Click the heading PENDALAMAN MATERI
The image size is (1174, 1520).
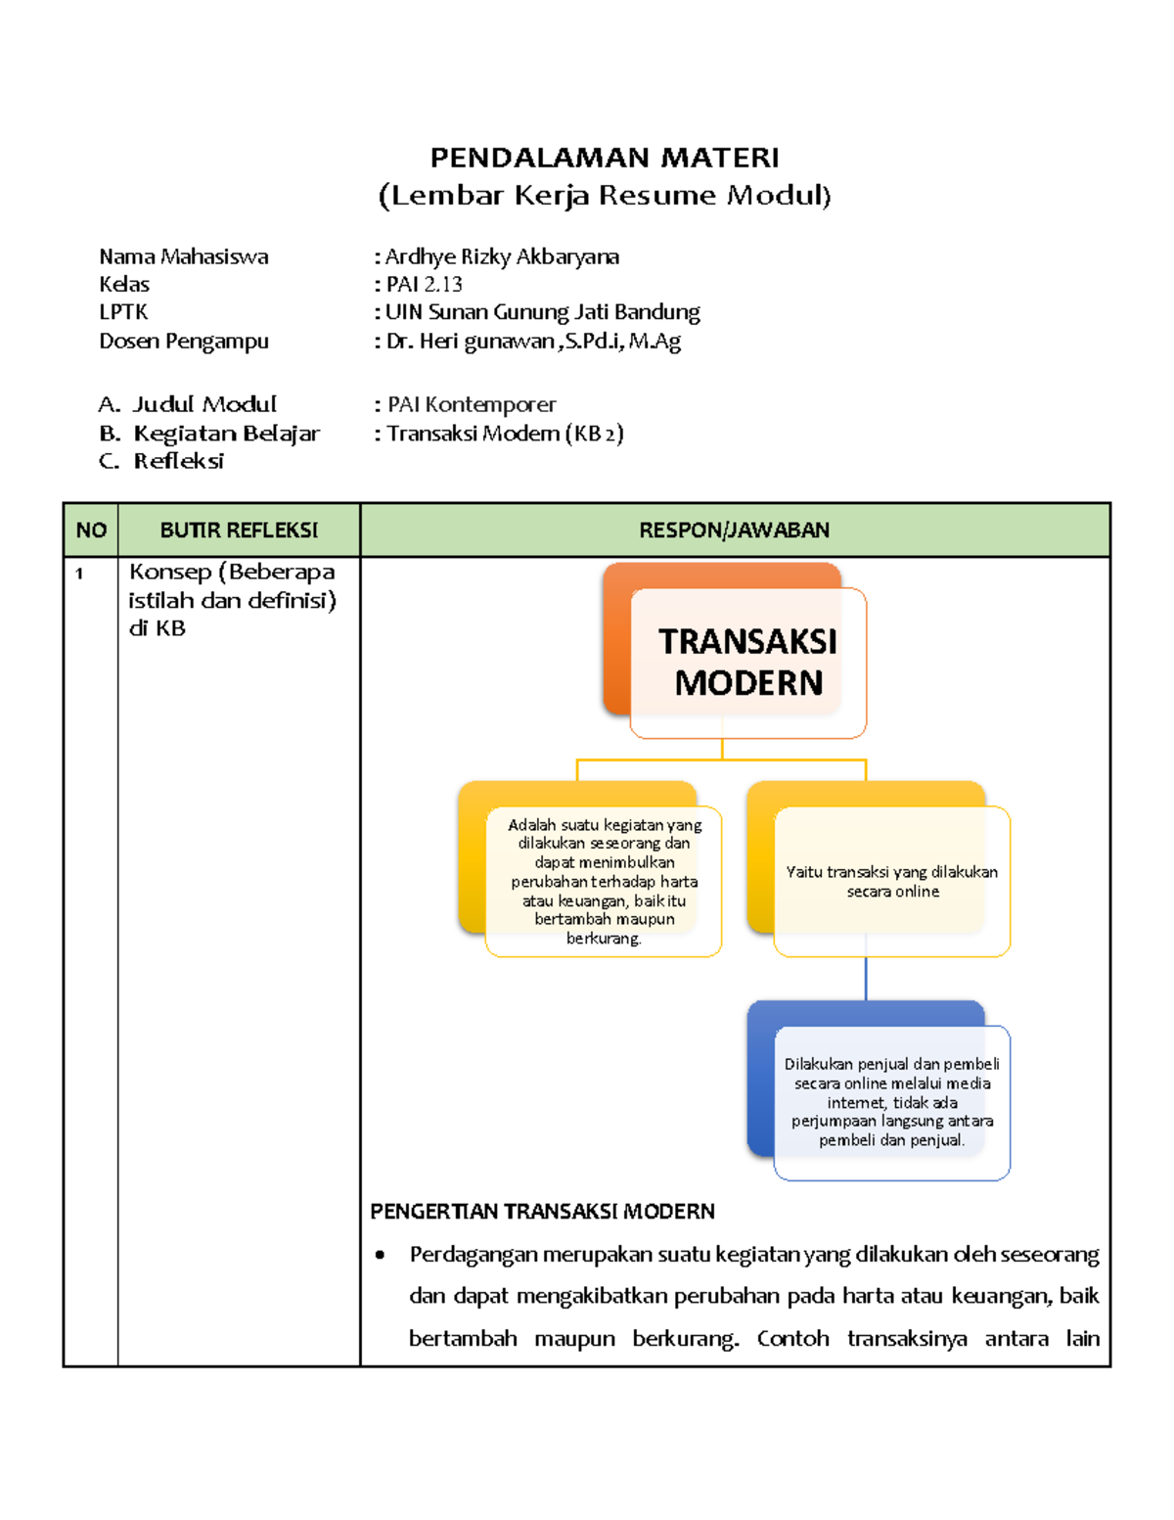click(x=605, y=158)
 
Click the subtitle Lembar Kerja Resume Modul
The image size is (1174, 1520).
click(x=605, y=196)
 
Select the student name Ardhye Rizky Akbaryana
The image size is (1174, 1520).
click(x=502, y=256)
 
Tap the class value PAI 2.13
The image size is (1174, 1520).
click(x=424, y=285)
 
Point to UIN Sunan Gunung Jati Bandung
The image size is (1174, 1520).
click(x=542, y=312)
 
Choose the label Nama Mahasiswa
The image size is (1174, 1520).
click(x=183, y=256)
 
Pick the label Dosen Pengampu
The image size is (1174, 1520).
click(x=183, y=342)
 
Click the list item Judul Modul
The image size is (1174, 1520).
click(x=204, y=404)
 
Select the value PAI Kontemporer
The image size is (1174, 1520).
click(x=471, y=404)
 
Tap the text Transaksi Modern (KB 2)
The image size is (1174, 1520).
click(x=504, y=434)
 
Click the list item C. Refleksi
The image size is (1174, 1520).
click(x=178, y=461)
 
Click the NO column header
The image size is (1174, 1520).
click(x=91, y=530)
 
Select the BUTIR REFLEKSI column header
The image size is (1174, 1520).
click(x=239, y=530)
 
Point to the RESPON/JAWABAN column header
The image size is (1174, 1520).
click(x=734, y=530)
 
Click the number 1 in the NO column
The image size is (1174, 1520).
click(x=79, y=574)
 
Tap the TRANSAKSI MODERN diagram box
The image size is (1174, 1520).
click(x=747, y=662)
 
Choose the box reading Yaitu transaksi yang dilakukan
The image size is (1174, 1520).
click(x=891, y=881)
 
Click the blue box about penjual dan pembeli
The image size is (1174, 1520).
click(x=891, y=1102)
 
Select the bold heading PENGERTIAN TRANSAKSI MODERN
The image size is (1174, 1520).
click(x=542, y=1212)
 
